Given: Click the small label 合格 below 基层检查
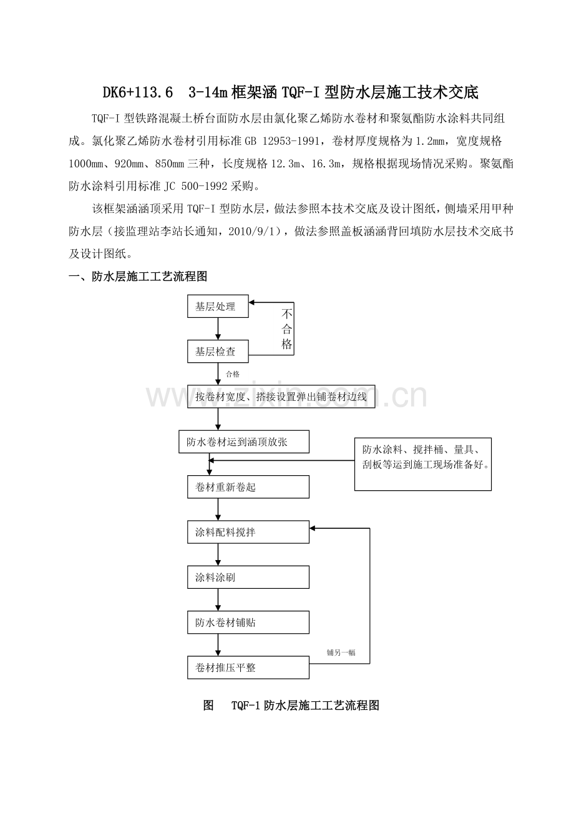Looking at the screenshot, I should tap(233, 374).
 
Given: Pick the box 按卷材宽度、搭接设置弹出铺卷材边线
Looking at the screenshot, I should tap(281, 397).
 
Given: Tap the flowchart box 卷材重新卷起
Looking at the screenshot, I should tap(248, 487).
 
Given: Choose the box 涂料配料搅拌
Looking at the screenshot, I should tap(248, 533).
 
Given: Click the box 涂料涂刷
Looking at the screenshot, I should tap(248, 578).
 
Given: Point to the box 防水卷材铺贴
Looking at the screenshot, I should tap(248, 623).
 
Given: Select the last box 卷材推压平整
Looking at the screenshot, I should tap(248, 668).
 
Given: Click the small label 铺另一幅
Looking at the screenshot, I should tap(341, 653).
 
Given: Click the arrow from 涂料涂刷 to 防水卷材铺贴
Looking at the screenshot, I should tap(218, 600).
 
